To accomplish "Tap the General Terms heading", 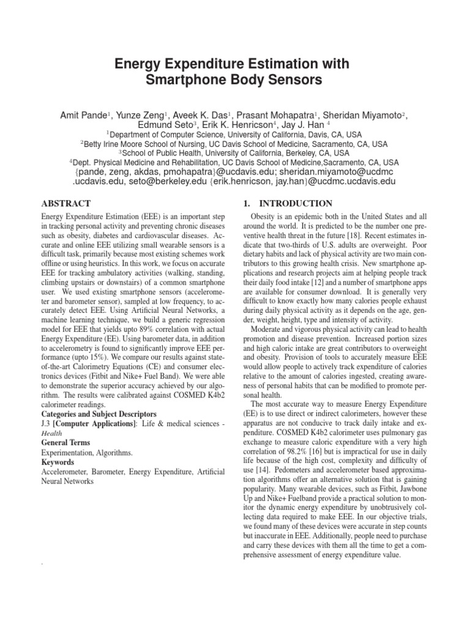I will click(65, 442).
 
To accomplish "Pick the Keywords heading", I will click(58, 462).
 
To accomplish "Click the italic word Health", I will click(51, 432).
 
